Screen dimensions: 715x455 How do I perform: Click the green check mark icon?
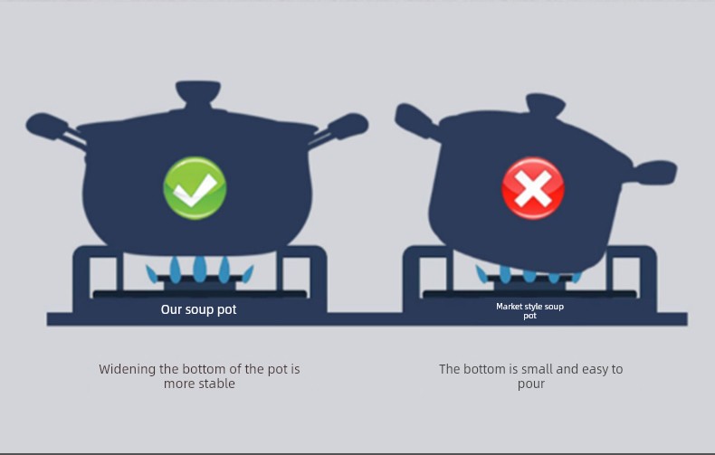pyautogui.click(x=195, y=188)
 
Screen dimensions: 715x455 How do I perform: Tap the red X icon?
pyautogui.click(x=532, y=188)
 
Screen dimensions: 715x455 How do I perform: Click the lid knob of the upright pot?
pyautogui.click(x=198, y=93)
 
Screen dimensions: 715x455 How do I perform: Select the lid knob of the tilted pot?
pyautogui.click(x=546, y=104)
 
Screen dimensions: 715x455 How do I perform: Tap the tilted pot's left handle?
pyautogui.click(x=415, y=119)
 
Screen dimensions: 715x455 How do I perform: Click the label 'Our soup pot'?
pyautogui.click(x=198, y=309)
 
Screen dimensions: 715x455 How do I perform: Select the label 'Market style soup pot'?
pyautogui.click(x=529, y=310)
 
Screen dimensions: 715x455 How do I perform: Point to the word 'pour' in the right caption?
pyautogui.click(x=531, y=384)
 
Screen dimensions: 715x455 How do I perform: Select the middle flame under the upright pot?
pyautogui.click(x=199, y=269)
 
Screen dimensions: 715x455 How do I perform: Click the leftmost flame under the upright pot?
pyautogui.click(x=152, y=273)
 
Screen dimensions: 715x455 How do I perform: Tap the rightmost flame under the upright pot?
pyautogui.click(x=248, y=273)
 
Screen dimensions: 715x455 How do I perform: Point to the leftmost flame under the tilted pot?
pyautogui.click(x=481, y=273)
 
